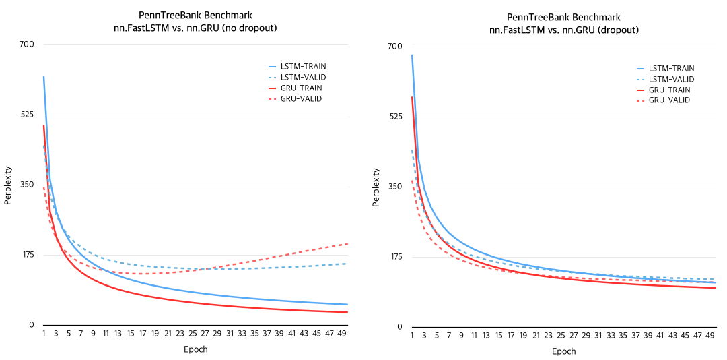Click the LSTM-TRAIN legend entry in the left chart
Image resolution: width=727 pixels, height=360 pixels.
pos(303,66)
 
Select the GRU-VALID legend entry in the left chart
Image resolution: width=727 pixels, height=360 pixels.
pos(301,98)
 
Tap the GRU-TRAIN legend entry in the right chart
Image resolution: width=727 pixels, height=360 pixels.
pos(669,90)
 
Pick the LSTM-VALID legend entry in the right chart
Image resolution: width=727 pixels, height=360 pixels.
pos(671,79)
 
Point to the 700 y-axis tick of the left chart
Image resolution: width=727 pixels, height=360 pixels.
pos(28,44)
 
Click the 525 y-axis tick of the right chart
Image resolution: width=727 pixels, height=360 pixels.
pos(396,116)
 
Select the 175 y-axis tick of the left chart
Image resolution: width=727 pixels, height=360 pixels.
pos(28,255)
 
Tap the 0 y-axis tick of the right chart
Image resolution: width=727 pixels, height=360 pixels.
pos(399,327)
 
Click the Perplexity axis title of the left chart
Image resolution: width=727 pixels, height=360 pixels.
pos(8,185)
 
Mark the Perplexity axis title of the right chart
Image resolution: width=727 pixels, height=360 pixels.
pos(376,187)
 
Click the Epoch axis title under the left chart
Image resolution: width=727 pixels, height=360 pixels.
pos(195,349)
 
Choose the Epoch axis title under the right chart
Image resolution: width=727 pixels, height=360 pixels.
pos(563,351)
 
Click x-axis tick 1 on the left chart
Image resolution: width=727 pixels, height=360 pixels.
pos(44,334)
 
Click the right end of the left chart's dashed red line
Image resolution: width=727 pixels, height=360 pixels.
pos(347,243)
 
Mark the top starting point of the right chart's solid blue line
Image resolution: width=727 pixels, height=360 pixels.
pos(412,55)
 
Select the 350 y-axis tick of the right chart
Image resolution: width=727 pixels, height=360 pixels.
pos(396,186)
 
